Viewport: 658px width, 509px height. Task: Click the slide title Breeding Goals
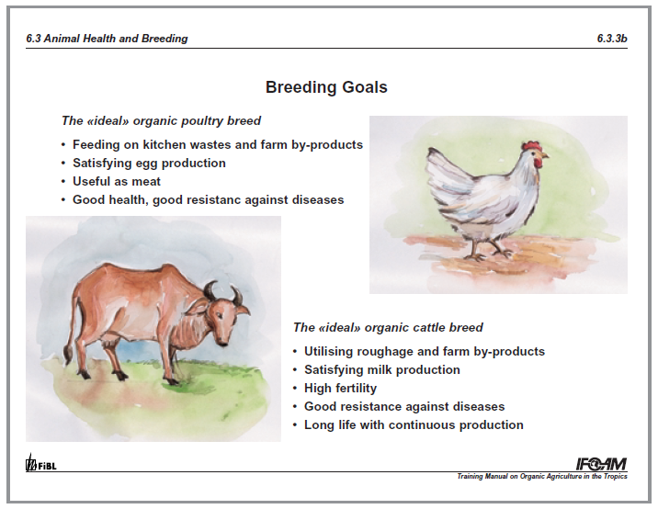(326, 87)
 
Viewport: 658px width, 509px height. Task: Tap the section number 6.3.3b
(612, 39)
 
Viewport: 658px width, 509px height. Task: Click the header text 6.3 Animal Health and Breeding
(107, 39)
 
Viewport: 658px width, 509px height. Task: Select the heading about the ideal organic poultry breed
(161, 121)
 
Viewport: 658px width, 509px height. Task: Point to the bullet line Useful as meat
(117, 181)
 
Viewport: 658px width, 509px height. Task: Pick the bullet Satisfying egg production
(149, 163)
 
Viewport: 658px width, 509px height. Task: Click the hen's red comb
(531, 147)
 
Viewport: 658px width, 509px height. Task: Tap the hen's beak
(545, 155)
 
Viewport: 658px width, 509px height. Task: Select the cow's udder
(110, 338)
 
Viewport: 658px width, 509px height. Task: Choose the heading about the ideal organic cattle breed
(388, 327)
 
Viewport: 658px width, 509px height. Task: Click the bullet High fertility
(340, 388)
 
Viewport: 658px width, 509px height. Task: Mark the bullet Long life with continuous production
(414, 425)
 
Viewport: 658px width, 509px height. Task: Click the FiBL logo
(40, 463)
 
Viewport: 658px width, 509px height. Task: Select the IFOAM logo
(602, 464)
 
